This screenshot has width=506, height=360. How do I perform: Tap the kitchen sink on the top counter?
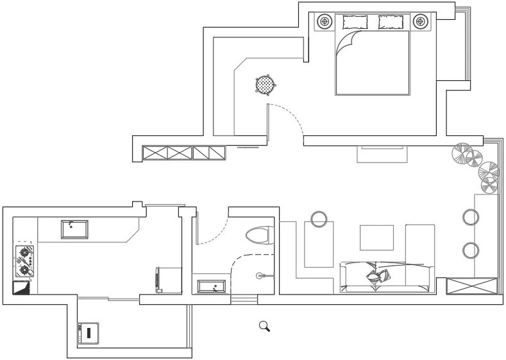74,228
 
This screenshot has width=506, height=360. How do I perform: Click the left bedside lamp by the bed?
326,22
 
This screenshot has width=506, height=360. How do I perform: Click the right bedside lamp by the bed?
421,22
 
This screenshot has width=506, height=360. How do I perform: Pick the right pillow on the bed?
391,22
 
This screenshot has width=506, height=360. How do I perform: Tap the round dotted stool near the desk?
265,84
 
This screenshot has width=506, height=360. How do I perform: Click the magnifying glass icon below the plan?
264,326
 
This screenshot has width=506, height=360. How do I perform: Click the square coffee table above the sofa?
376,237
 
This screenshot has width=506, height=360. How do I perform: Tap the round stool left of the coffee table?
319,219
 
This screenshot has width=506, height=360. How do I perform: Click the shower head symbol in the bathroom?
260,276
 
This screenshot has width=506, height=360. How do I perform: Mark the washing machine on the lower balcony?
87,332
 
